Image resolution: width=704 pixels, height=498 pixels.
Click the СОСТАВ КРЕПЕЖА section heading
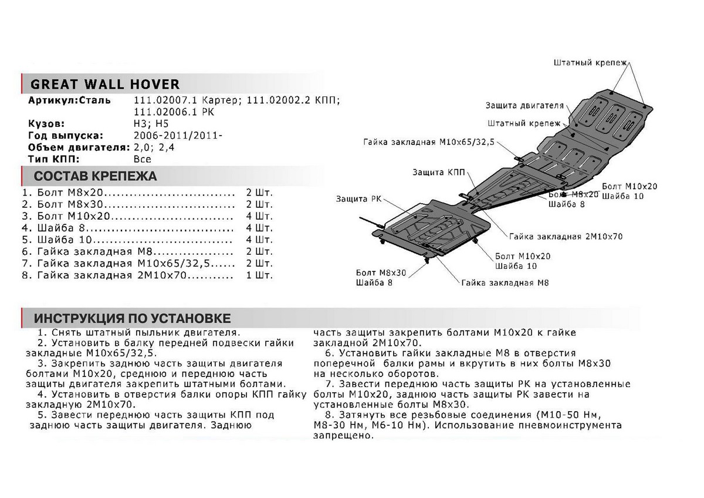coord(95,176)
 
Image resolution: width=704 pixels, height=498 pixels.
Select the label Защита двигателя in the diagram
coord(524,106)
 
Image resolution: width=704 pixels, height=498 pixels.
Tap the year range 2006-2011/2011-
coord(178,136)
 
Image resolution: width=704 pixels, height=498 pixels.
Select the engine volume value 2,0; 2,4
coord(154,147)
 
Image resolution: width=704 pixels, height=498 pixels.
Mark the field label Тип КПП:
coord(53,159)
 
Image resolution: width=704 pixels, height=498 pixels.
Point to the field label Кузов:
coord(46,124)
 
